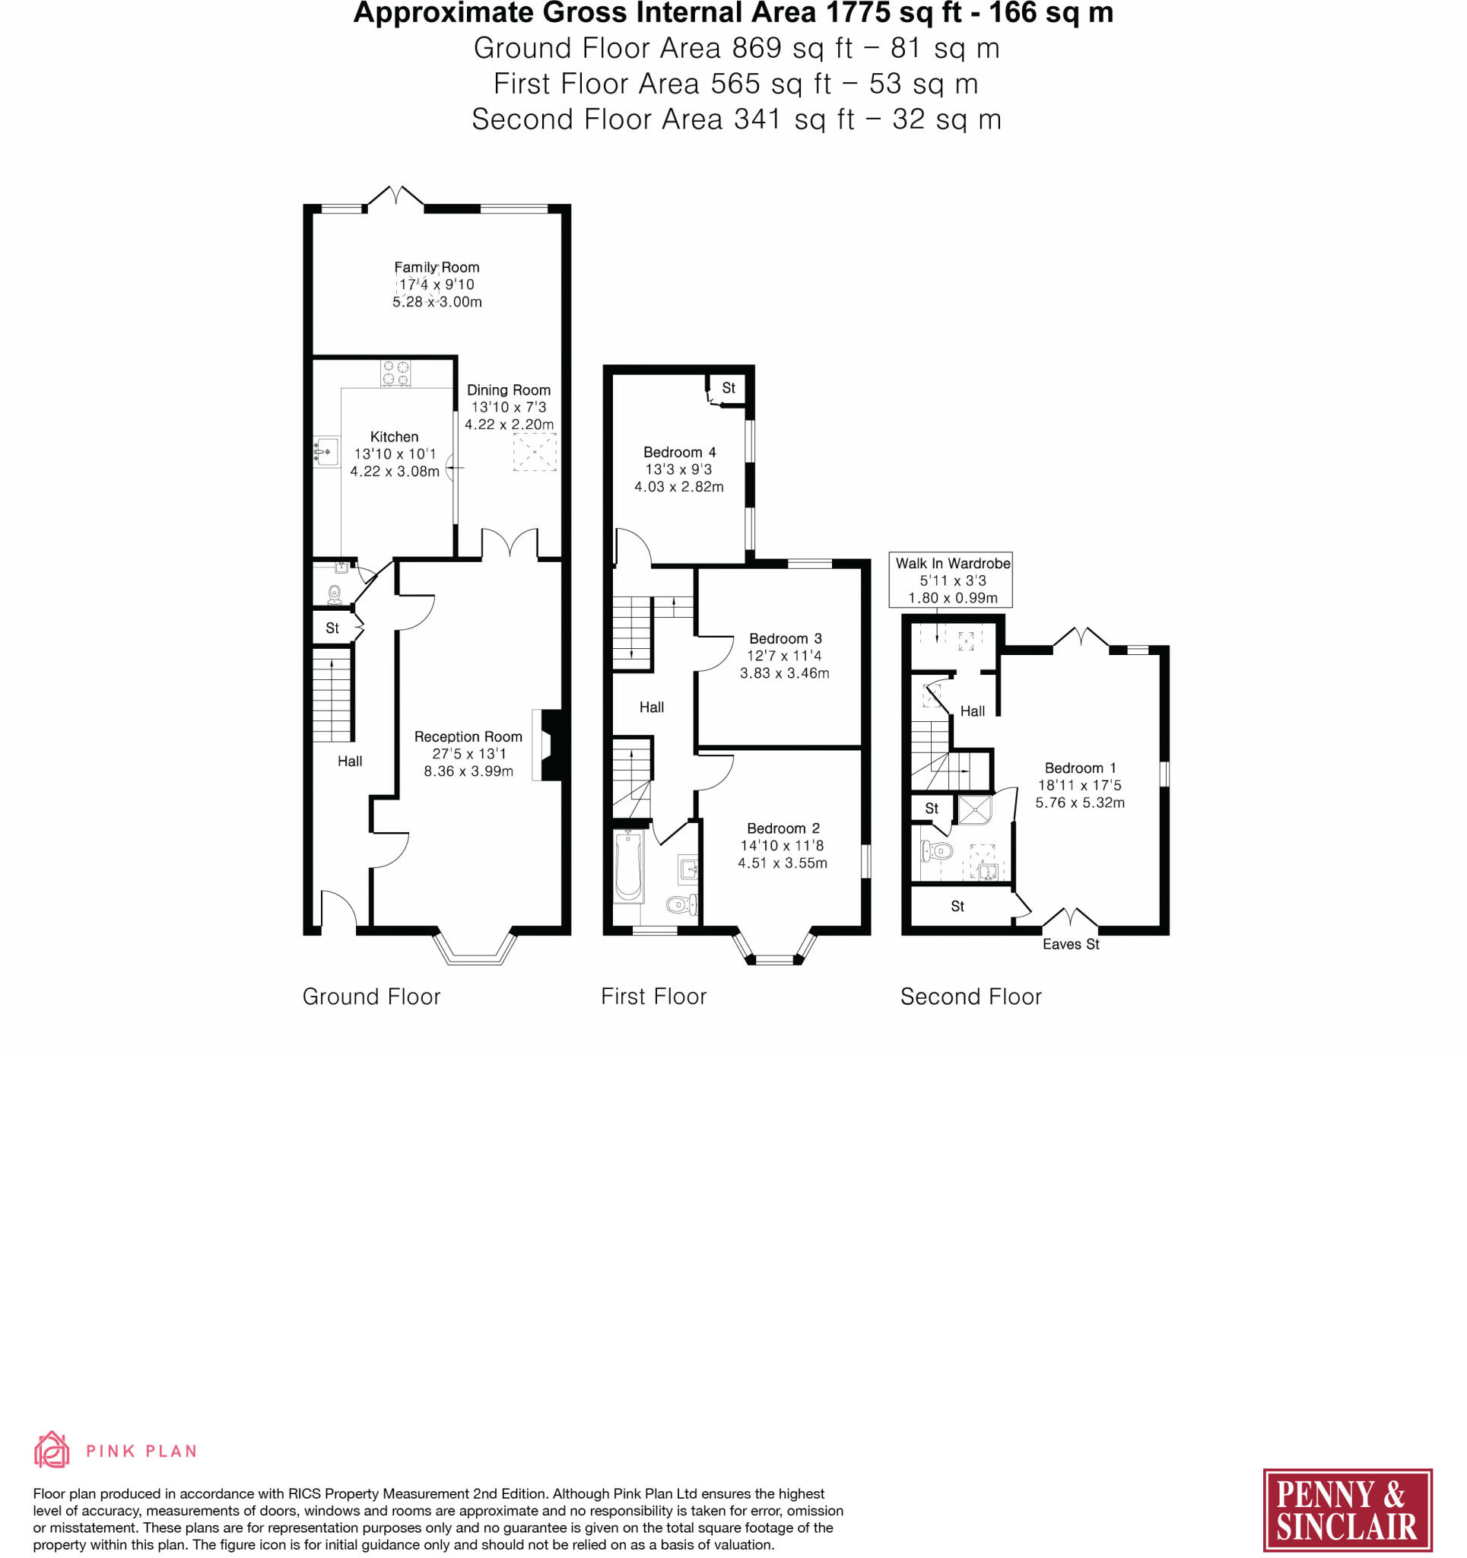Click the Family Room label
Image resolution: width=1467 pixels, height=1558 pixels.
pos(437,267)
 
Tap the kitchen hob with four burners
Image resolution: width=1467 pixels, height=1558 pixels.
pos(395,373)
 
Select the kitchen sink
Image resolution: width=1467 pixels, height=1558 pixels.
pos(326,452)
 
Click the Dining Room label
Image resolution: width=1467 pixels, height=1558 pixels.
pos(509,389)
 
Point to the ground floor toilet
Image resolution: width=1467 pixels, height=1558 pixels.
pos(335,595)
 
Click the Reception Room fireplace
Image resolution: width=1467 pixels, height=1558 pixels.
pos(548,745)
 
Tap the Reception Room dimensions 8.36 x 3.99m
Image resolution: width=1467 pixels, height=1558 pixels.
pos(468,771)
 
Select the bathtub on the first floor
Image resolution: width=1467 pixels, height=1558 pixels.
pos(628,866)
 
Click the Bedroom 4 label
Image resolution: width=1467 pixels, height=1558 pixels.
pos(679,452)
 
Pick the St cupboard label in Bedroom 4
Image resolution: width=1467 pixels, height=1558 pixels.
pos(729,388)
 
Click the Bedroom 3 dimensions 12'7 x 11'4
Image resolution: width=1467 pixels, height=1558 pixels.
pos(784,656)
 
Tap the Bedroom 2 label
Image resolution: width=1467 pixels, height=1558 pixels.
pos(783,828)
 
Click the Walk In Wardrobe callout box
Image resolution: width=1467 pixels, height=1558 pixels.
pos(951,580)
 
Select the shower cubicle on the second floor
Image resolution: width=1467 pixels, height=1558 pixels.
pos(974,810)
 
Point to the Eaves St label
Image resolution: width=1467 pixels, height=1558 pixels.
pos(1071,944)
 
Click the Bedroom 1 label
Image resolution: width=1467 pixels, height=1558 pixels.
pos(1080,768)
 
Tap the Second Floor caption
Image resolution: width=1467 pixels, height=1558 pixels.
pos(971,997)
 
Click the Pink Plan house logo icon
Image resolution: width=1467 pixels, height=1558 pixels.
pos(52,1450)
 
